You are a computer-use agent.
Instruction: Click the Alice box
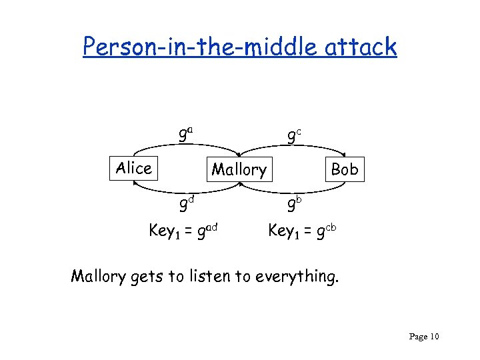[133, 168]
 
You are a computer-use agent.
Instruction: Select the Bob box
[344, 169]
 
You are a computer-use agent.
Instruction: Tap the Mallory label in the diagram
[239, 170]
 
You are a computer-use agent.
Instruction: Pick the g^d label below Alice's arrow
[185, 201]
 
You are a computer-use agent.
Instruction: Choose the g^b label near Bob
[294, 202]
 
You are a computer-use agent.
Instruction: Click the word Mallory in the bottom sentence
[98, 275]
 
